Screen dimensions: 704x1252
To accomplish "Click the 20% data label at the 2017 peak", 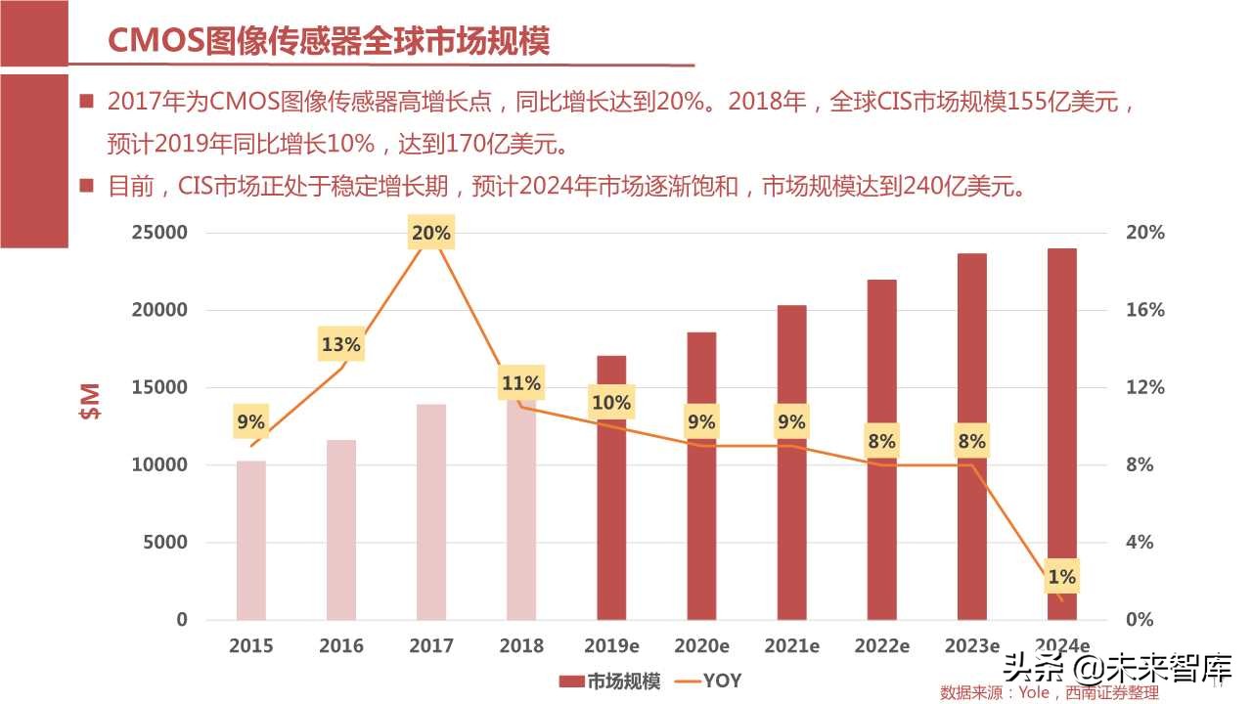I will click(x=431, y=233).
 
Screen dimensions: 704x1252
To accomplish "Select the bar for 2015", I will click(x=251, y=540).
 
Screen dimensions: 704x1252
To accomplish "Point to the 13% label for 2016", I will click(x=341, y=344).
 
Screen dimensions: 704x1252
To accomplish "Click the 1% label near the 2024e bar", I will click(x=1061, y=577).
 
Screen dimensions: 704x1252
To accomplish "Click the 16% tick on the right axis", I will click(x=1144, y=310).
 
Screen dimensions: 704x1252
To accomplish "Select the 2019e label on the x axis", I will click(x=610, y=645).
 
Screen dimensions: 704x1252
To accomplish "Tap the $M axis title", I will click(x=90, y=401).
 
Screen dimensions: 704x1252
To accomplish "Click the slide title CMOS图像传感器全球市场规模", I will click(x=328, y=40).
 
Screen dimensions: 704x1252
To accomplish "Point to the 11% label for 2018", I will click(x=520, y=383).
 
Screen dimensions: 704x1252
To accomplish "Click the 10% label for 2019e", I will click(x=610, y=402).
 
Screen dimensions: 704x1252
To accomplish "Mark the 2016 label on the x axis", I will click(x=341, y=645).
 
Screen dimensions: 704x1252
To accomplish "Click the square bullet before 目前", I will click(x=86, y=185).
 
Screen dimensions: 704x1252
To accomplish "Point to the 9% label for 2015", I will click(x=251, y=421).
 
